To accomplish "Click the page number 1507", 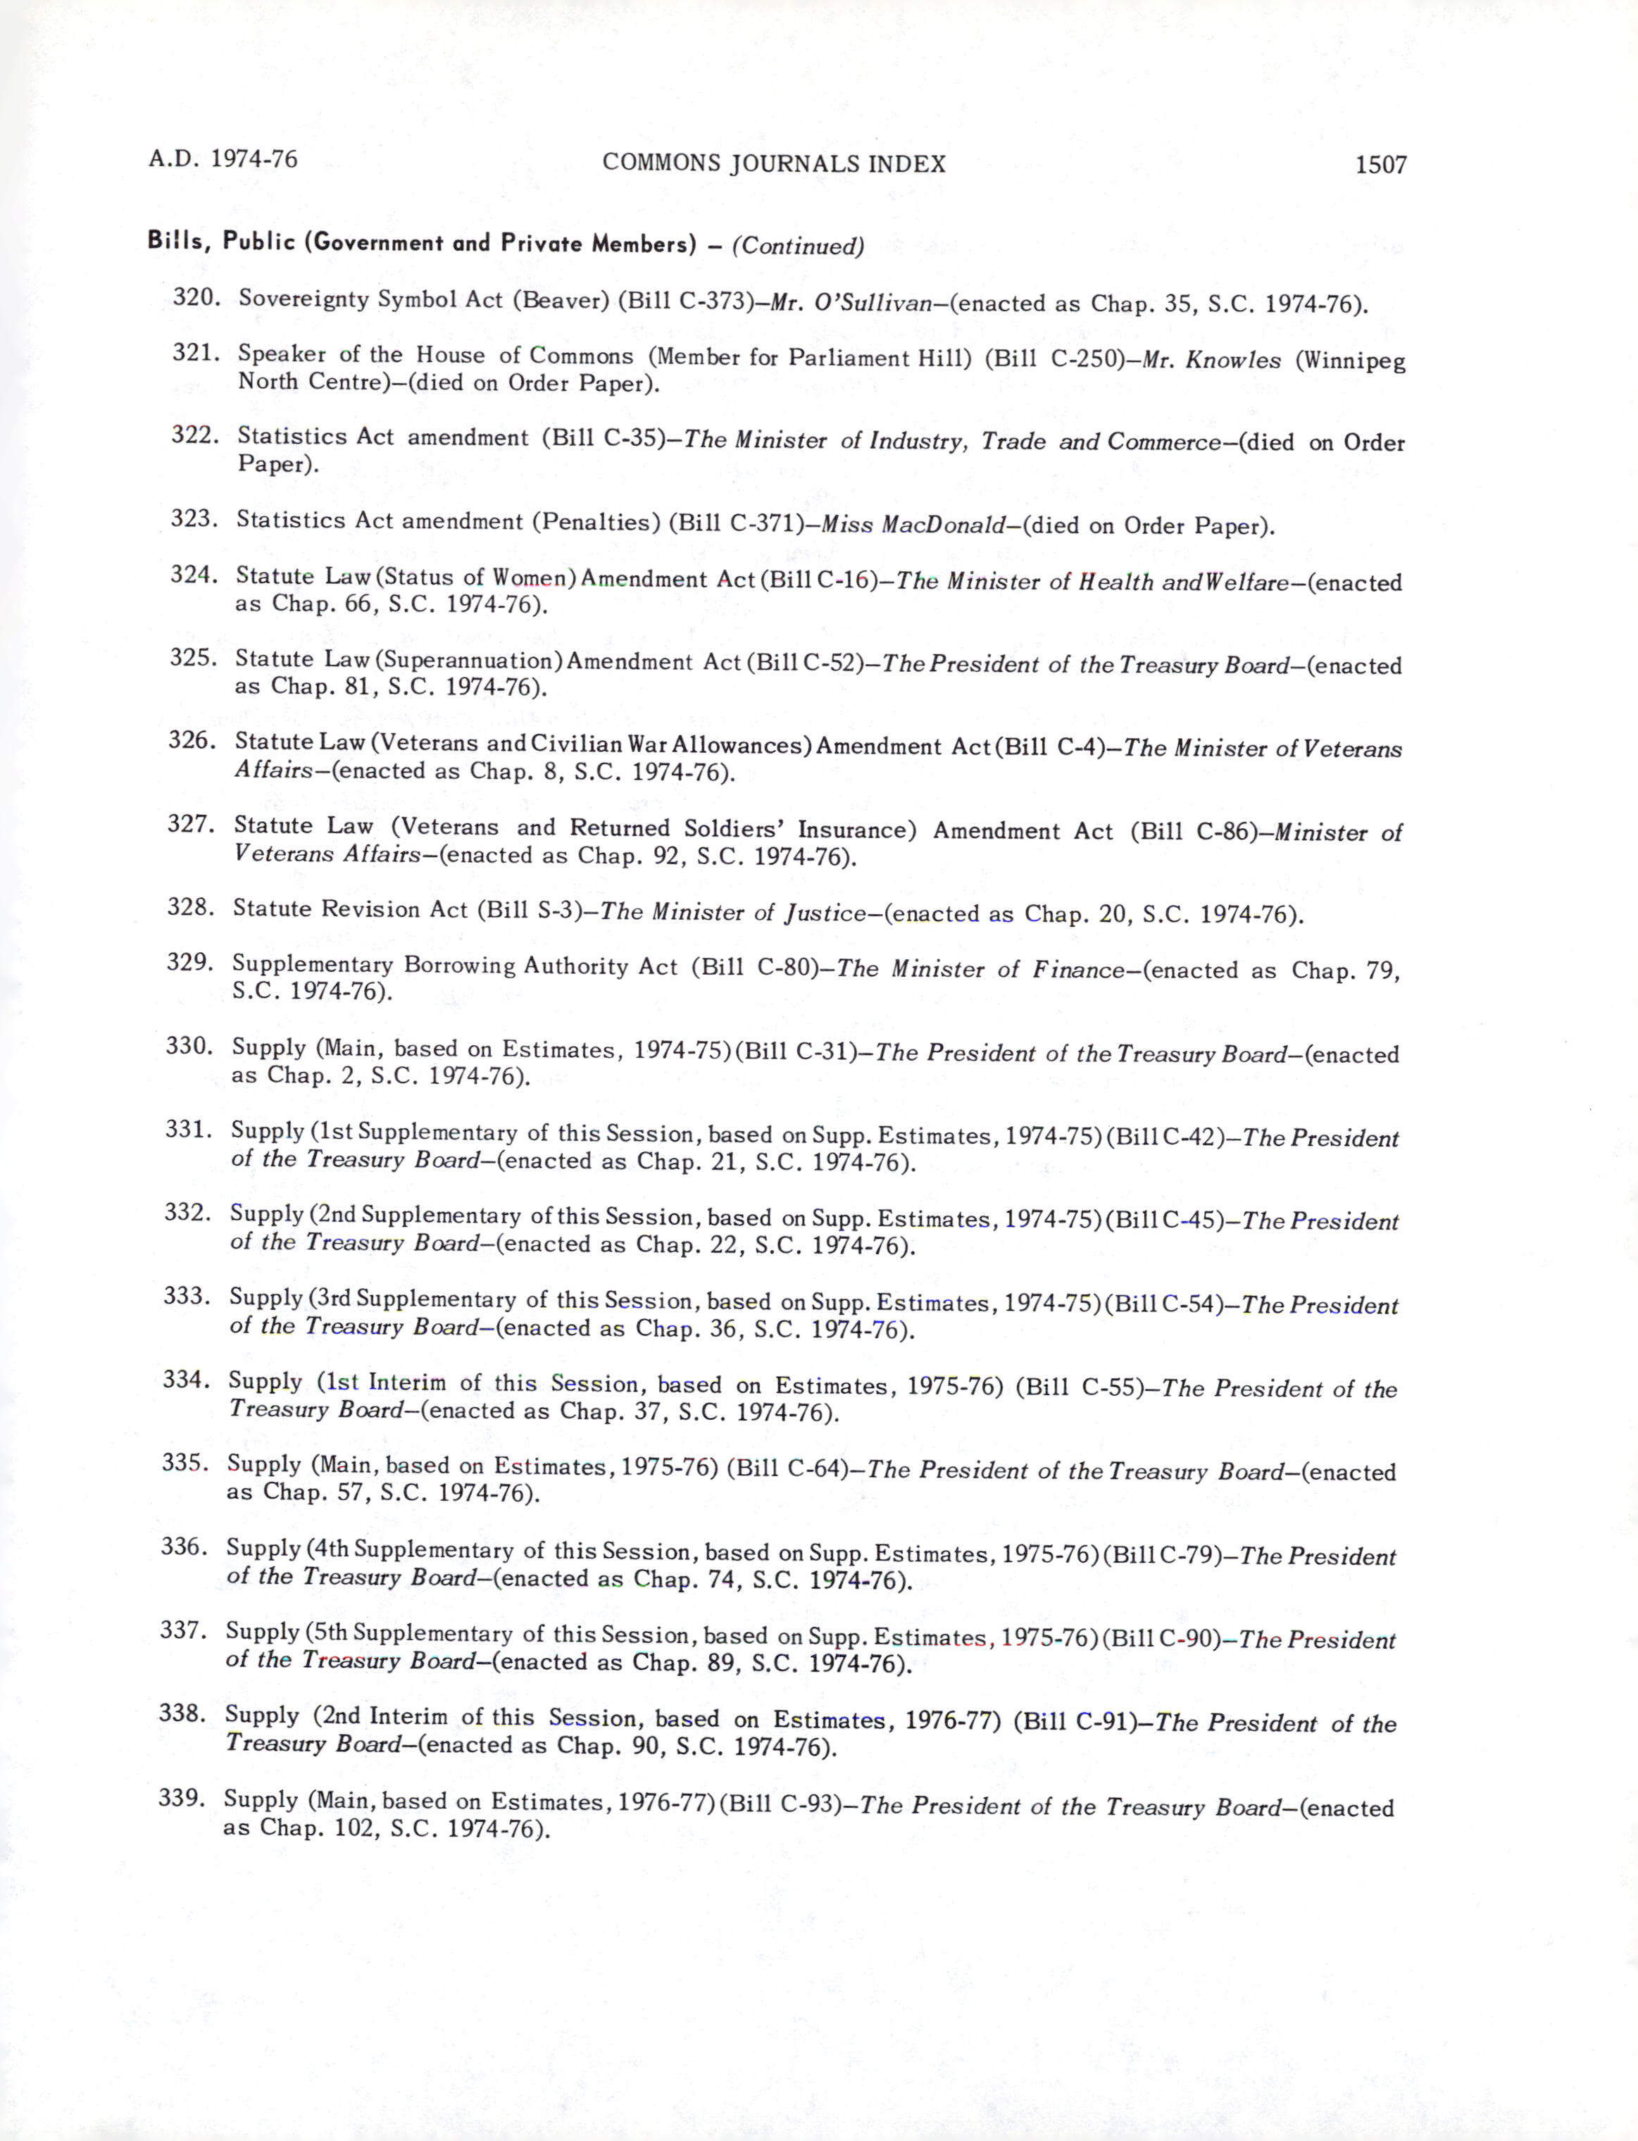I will [x=1380, y=165].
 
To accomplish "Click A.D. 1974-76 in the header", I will [x=223, y=159].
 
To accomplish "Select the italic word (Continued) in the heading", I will [x=798, y=246].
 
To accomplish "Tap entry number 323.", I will [x=192, y=518].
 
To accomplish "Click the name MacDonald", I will [x=943, y=525].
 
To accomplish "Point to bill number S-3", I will [x=560, y=911].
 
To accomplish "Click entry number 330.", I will [x=188, y=1046].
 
